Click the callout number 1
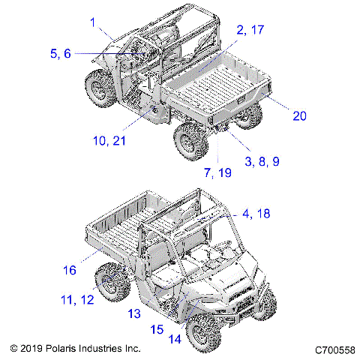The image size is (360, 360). pos(93,24)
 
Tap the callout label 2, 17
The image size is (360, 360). pos(250,30)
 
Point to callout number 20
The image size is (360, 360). pos(299,115)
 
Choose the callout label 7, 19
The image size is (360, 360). pos(217,172)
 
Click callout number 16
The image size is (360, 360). pos(69,268)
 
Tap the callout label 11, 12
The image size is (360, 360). pos(78,299)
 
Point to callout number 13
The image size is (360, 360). pos(134,313)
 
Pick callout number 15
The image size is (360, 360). pos(157,328)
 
